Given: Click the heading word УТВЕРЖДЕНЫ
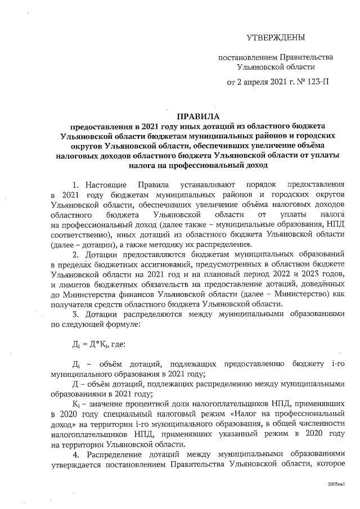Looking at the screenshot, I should click(276, 38).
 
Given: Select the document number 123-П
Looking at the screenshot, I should click(317, 82).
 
